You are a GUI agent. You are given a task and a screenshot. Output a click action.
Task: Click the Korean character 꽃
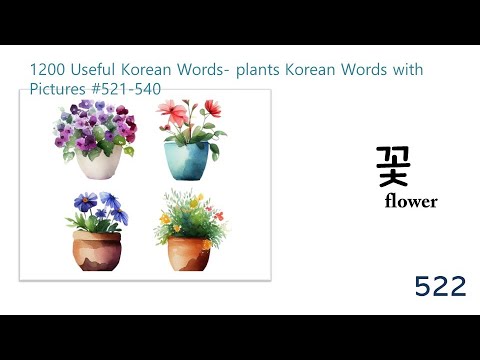[393, 165]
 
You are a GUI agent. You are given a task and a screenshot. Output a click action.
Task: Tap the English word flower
[410, 201]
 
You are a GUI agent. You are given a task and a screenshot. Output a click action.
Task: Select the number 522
[440, 287]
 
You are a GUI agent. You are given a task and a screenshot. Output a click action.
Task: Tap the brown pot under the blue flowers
[97, 249]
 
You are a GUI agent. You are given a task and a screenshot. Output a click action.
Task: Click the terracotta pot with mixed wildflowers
[188, 253]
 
